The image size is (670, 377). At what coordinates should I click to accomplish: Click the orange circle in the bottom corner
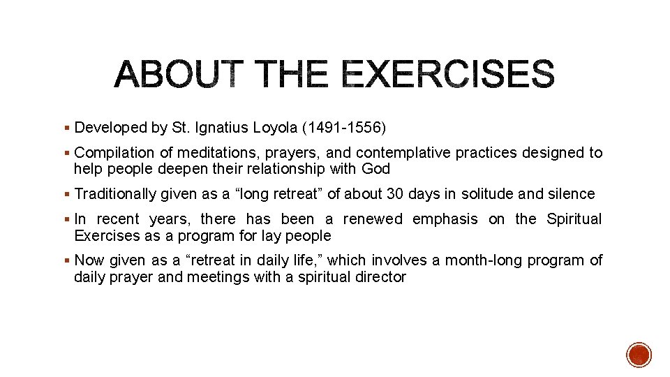click(639, 355)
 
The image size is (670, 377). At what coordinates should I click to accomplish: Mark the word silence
click(572, 194)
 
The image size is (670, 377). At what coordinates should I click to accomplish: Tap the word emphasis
click(445, 219)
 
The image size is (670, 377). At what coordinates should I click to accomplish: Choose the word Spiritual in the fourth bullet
click(574, 219)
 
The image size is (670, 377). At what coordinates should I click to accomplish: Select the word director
click(380, 277)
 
